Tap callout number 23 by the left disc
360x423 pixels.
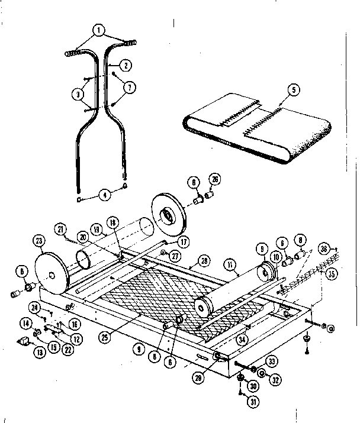click(x=40, y=241)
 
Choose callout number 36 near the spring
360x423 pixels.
click(x=340, y=248)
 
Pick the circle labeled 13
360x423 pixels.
click(x=24, y=354)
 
